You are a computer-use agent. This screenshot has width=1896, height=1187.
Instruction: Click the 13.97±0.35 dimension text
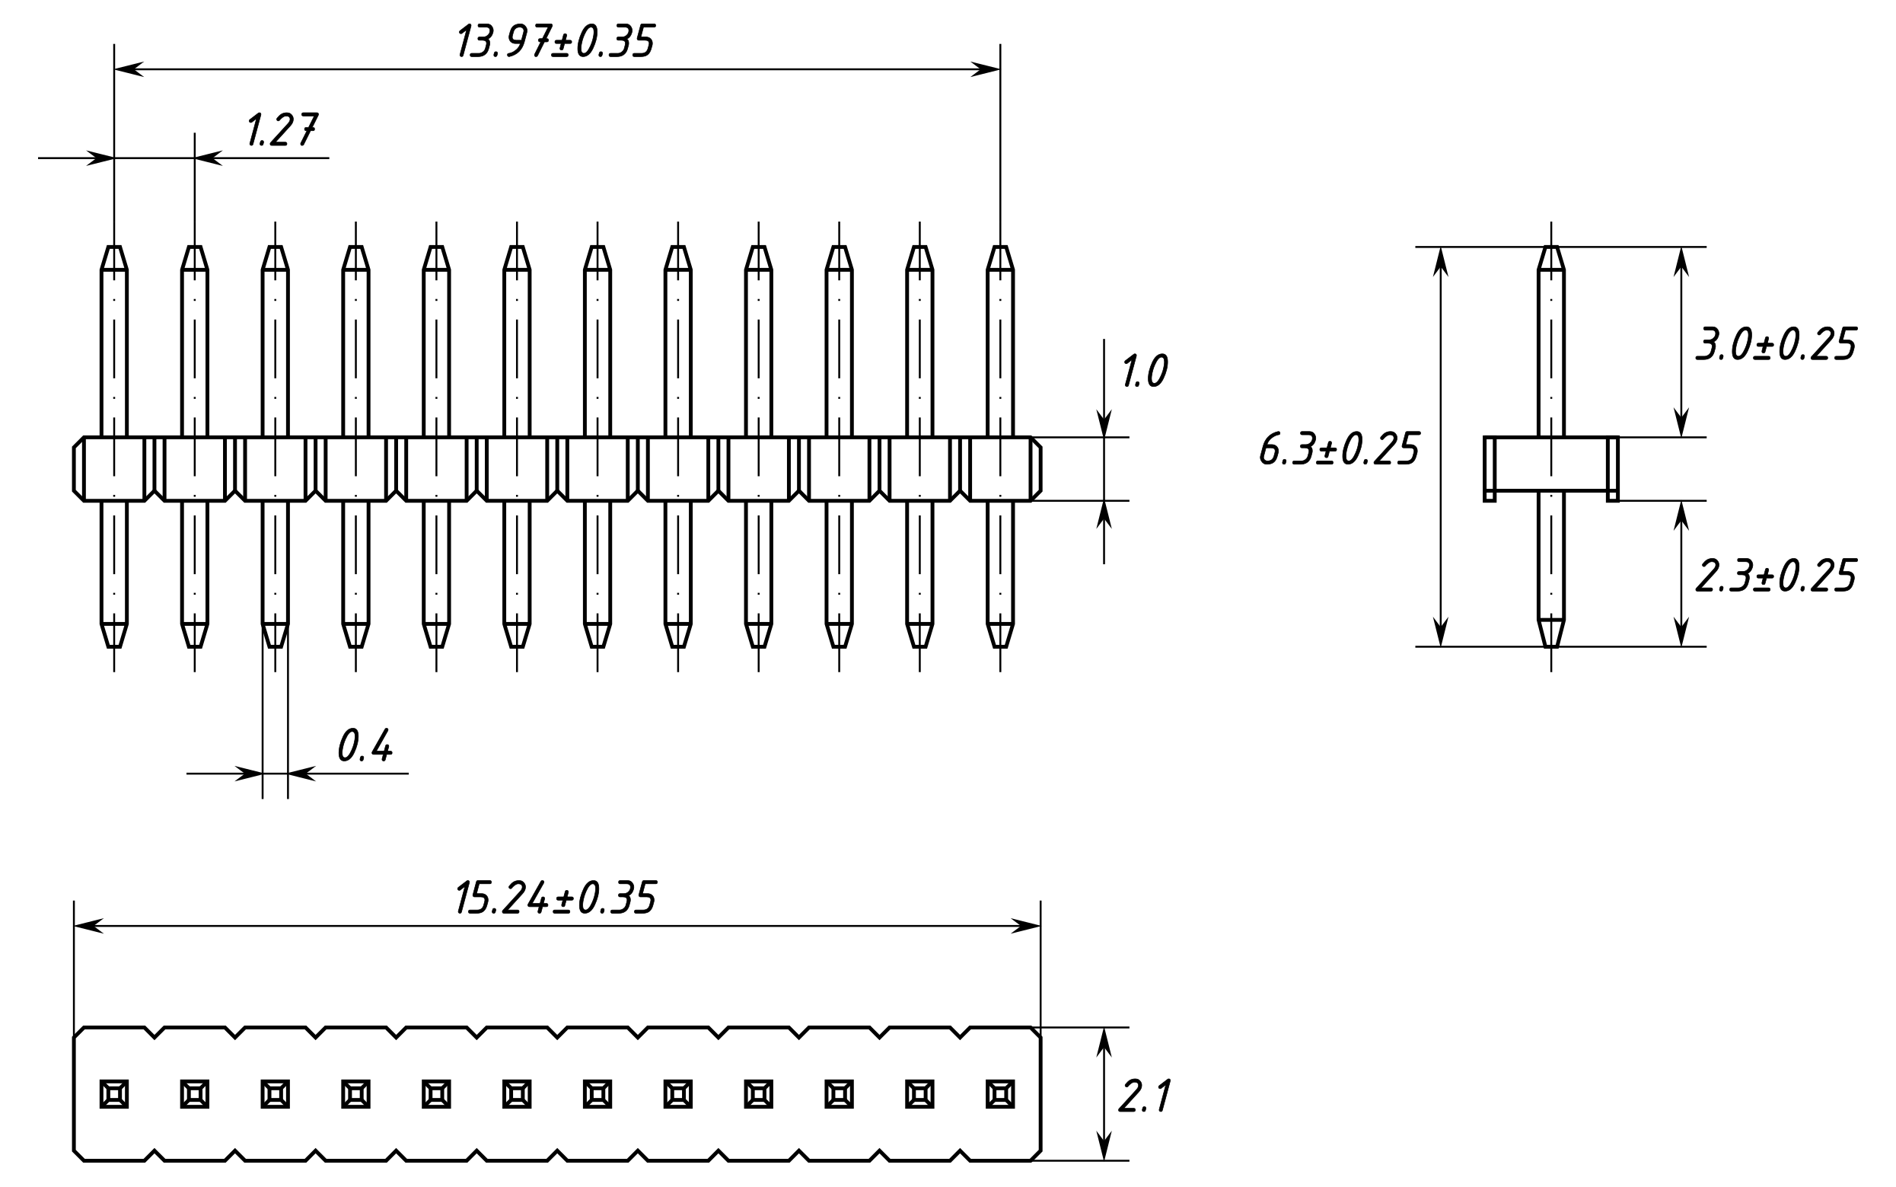click(554, 43)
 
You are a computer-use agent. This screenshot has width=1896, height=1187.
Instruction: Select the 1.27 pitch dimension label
click(281, 130)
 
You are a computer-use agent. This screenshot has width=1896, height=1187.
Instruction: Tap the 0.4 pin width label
click(364, 746)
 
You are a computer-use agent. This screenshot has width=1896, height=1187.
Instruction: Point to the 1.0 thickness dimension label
click(1143, 372)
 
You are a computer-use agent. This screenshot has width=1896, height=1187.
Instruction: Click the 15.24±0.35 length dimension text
click(554, 898)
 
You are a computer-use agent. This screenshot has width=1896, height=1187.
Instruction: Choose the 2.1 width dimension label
click(1143, 1096)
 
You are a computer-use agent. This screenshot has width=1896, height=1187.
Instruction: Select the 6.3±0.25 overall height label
click(1339, 449)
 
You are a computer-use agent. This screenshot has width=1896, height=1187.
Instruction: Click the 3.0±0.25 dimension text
click(1775, 344)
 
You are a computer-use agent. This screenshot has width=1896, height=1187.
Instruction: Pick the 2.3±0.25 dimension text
click(1775, 576)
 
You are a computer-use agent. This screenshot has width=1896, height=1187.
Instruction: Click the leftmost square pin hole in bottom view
click(115, 1094)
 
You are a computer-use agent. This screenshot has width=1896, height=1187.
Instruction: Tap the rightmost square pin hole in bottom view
click(1000, 1094)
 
